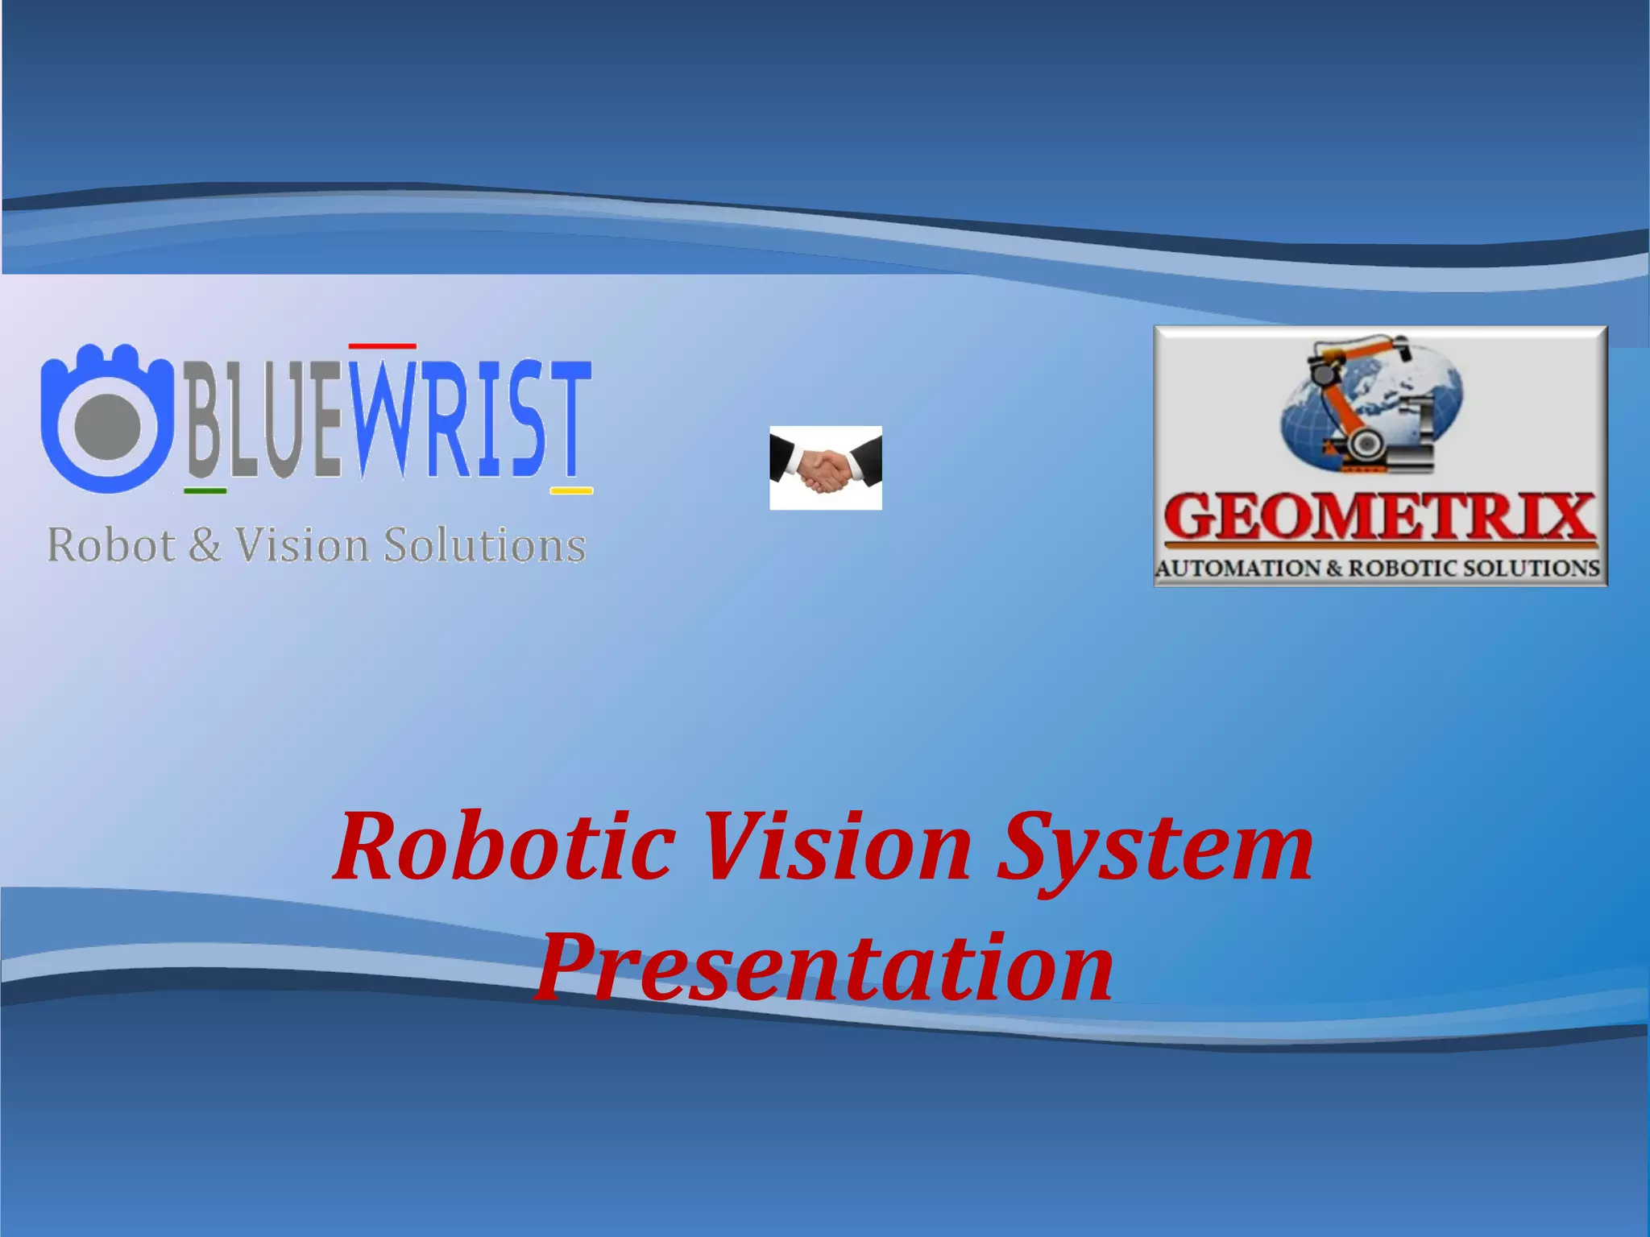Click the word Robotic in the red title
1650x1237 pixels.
click(x=504, y=847)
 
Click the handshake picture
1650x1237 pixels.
click(x=825, y=468)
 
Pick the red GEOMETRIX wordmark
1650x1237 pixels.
click(x=1379, y=517)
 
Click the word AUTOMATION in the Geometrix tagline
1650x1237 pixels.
click(x=1237, y=569)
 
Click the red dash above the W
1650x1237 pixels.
click(x=382, y=346)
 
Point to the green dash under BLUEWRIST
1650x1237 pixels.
click(x=205, y=490)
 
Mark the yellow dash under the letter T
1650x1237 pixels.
click(x=571, y=490)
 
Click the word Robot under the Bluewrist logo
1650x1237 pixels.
click(x=111, y=545)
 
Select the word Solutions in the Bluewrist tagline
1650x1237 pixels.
click(x=484, y=545)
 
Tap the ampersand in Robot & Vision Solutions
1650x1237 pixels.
click(x=205, y=545)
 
